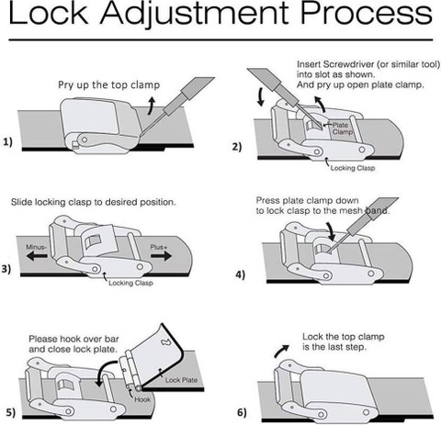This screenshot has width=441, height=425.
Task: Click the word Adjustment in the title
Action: (x=195, y=14)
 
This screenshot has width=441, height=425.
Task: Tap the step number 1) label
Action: (x=8, y=141)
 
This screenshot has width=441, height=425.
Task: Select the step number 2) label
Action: (x=237, y=147)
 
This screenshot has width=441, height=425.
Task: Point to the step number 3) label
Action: (x=6, y=269)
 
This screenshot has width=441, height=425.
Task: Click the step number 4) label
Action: (x=241, y=274)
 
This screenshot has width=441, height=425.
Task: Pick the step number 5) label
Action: (x=10, y=412)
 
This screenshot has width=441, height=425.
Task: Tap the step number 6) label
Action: (x=242, y=412)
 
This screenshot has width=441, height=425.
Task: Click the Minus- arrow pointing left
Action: (x=37, y=256)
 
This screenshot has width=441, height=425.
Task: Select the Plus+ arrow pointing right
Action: (x=162, y=256)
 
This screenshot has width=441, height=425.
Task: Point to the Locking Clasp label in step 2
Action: (x=353, y=168)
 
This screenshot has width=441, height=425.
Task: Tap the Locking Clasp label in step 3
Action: (x=130, y=283)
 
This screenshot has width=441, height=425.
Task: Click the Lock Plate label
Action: (x=181, y=380)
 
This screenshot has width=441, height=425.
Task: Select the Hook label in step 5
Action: (x=142, y=399)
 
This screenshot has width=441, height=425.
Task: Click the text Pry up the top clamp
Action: (x=109, y=84)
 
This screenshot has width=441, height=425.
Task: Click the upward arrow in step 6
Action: (x=281, y=351)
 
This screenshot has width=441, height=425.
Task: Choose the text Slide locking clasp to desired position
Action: (x=94, y=202)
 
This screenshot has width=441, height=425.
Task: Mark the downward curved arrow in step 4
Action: (x=330, y=231)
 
